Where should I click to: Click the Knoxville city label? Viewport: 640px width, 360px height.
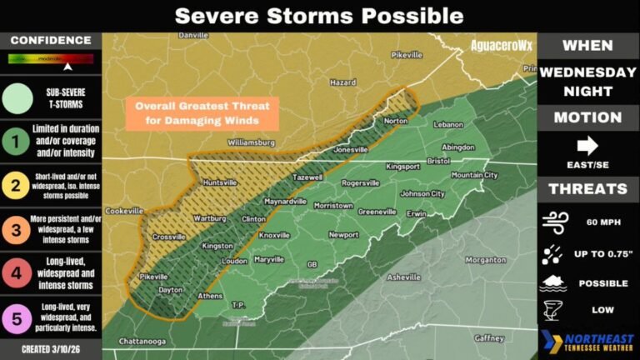point(274,236)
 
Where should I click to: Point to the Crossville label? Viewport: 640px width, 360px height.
point(169,237)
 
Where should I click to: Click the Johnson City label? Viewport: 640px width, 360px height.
point(422,193)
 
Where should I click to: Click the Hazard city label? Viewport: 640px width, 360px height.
point(342,83)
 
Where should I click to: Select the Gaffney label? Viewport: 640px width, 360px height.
point(489,338)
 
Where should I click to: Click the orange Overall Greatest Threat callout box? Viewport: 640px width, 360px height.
point(203,112)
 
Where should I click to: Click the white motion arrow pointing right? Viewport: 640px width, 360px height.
point(587,146)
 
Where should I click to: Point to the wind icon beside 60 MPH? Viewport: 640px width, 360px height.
point(554,222)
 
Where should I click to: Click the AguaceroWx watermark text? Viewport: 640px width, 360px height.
point(501,45)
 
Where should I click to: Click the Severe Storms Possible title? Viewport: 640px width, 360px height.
point(319,15)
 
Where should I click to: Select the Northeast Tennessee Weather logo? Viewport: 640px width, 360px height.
point(587,342)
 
